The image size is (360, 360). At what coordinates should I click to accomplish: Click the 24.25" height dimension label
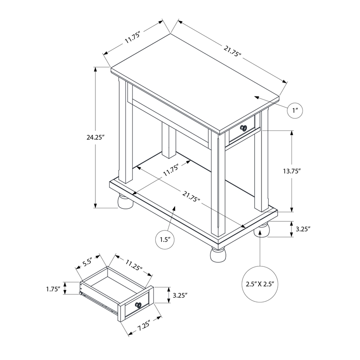coord(95,138)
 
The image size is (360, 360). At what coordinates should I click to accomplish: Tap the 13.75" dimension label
coord(292,171)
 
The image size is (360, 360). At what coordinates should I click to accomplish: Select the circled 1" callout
coord(295,110)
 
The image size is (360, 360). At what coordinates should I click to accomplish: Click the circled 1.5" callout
coord(165,240)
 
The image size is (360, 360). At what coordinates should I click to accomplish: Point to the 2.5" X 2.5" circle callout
coord(260,284)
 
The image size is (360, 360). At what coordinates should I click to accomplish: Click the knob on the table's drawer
coord(243,128)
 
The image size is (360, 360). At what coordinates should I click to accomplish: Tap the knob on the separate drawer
coord(139,305)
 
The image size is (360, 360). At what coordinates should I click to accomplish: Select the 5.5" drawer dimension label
coord(87,262)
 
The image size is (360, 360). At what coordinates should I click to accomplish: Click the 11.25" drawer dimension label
coord(134,265)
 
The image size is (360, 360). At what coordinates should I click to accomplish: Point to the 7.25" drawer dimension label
coord(144,325)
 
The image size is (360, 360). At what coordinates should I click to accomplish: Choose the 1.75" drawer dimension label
coord(53,289)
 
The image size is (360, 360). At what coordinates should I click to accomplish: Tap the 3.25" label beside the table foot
coord(303,229)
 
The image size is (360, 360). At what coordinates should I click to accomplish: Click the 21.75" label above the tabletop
coord(232,51)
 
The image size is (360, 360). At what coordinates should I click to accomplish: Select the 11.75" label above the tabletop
coord(132,38)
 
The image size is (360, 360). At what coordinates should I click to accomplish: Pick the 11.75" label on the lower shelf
coord(171,171)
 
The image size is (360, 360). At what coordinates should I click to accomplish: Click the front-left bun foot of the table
coord(126,202)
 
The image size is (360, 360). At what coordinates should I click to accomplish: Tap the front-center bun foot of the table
coord(218,254)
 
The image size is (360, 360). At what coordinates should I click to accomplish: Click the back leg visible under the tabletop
coord(169,140)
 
